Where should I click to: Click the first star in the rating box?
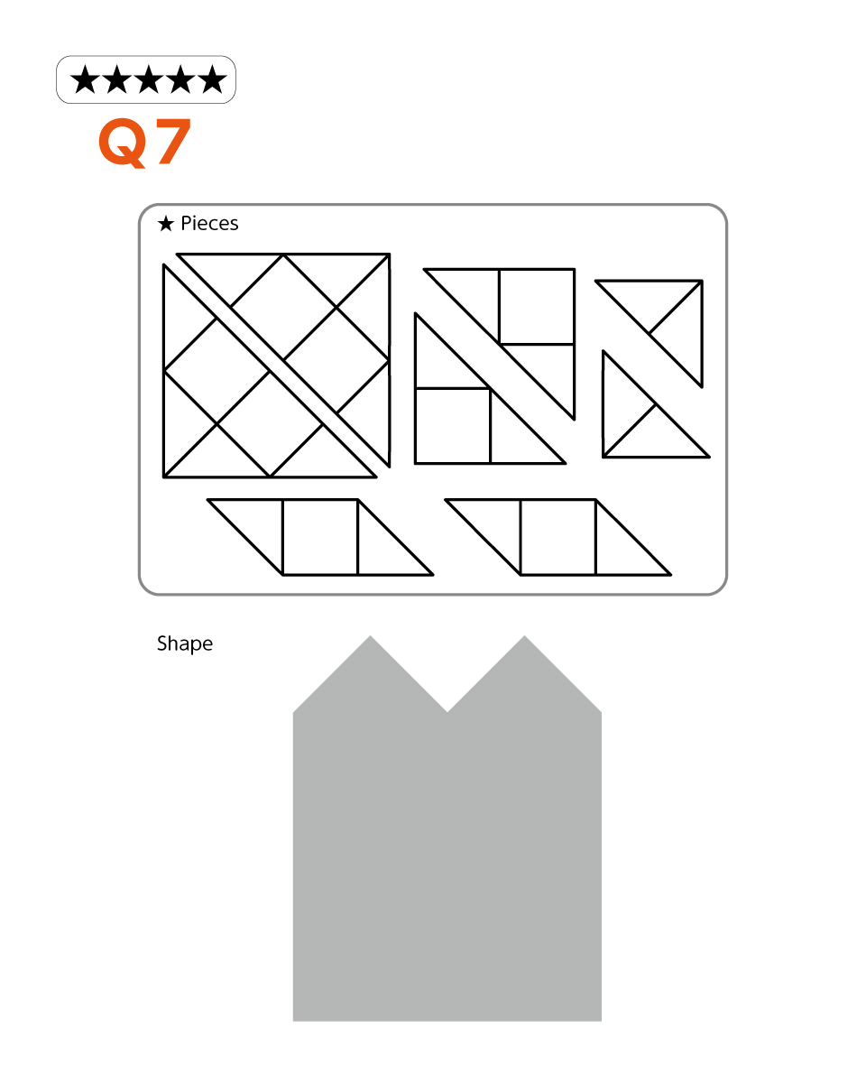(85, 79)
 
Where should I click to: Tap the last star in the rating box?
(212, 79)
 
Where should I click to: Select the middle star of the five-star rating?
(149, 79)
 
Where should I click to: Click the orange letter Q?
(123, 143)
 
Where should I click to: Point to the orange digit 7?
(173, 142)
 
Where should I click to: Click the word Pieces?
(209, 224)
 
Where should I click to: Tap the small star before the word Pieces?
(166, 224)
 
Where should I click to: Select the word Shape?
(185, 644)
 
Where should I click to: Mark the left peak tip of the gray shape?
(371, 635)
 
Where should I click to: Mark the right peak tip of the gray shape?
(524, 635)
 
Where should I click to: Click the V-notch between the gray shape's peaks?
(447, 712)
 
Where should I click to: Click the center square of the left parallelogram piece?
(320, 537)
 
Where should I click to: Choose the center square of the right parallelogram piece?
(558, 537)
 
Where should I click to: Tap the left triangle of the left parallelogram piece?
(258, 525)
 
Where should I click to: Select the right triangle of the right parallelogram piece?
(621, 550)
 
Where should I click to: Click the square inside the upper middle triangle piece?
(537, 307)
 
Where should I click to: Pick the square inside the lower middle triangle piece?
(453, 426)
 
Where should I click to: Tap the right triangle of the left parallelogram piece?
(382, 550)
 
